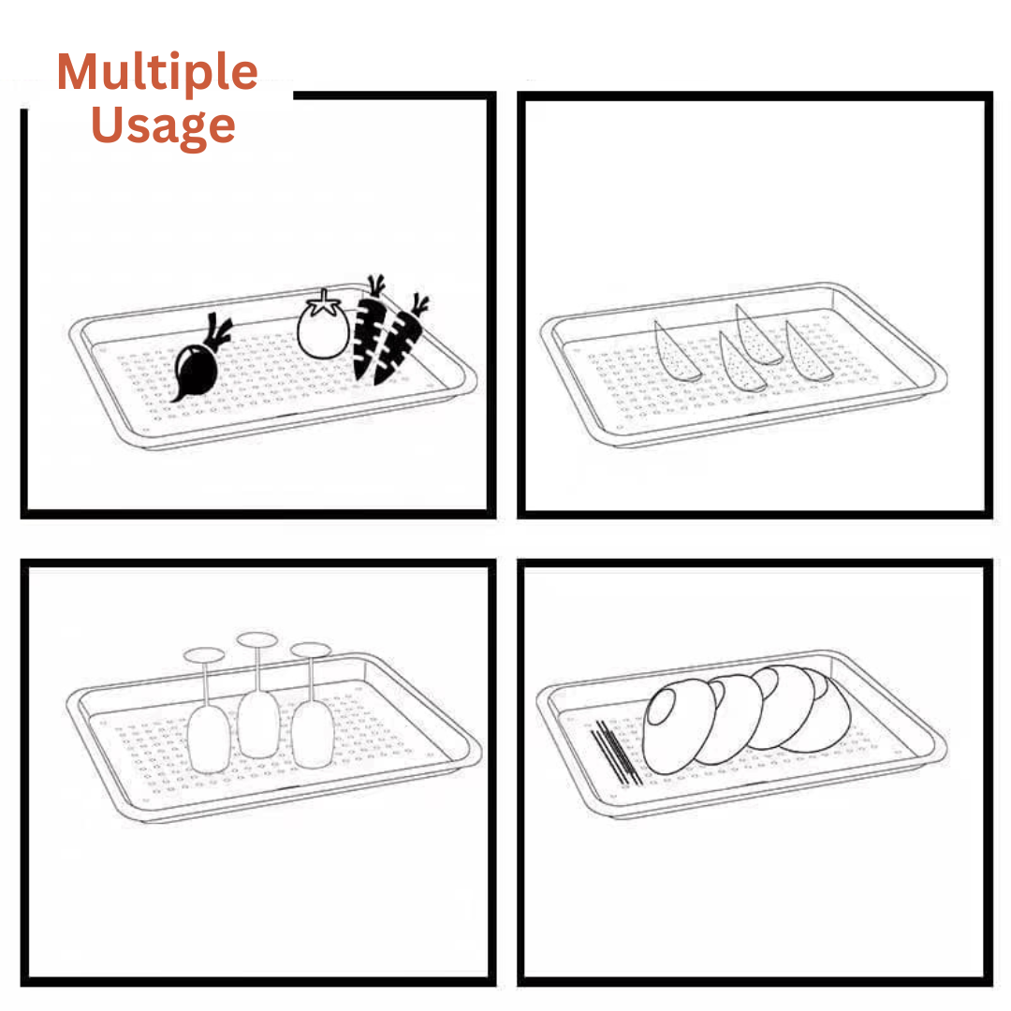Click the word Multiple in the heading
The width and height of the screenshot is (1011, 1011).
[x=157, y=73]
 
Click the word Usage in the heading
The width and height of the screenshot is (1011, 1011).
[x=163, y=125]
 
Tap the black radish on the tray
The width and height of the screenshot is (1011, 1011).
[x=196, y=370]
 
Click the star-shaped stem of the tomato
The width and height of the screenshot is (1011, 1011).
[x=323, y=303]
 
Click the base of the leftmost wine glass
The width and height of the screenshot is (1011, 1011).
[x=204, y=655]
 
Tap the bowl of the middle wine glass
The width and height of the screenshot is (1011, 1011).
[x=258, y=725]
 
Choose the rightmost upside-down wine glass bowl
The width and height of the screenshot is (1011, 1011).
[x=313, y=735]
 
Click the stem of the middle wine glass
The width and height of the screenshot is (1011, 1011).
[x=258, y=669]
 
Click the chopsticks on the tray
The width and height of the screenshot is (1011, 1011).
[x=617, y=753]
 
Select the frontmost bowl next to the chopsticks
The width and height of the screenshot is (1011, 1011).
[x=679, y=726]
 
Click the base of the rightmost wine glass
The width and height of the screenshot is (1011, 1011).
[x=311, y=650]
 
